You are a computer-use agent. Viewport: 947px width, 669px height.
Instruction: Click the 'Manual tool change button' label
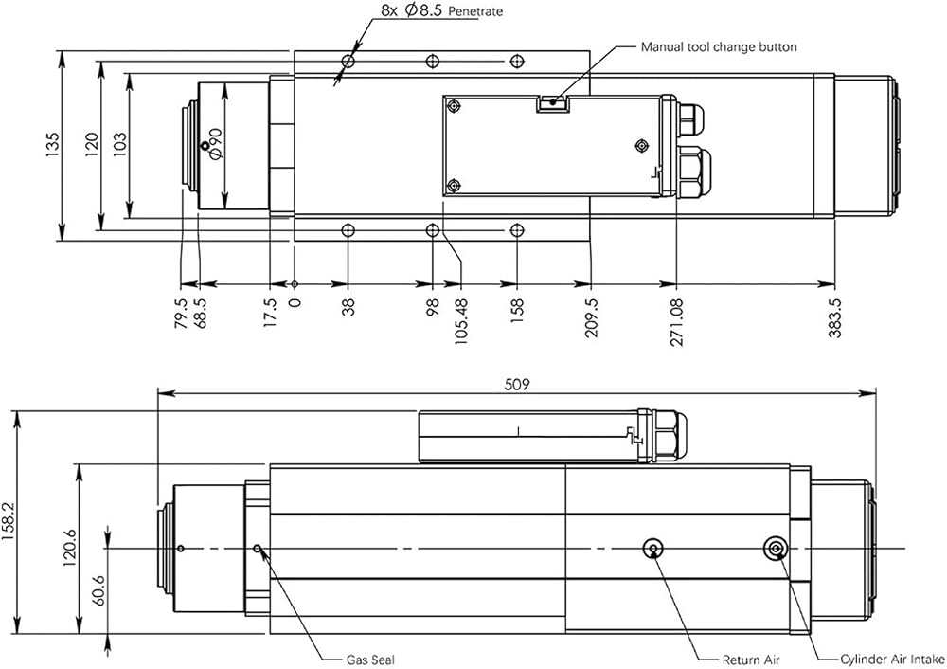[x=719, y=47]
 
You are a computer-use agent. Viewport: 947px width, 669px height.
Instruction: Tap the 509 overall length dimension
[x=517, y=385]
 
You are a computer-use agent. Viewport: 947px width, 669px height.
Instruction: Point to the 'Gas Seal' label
[x=370, y=660]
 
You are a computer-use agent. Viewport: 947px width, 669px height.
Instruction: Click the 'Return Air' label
[x=751, y=660]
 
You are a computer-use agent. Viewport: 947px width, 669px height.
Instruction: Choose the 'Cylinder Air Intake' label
[x=893, y=660]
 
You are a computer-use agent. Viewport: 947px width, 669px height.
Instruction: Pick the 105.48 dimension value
[x=461, y=322]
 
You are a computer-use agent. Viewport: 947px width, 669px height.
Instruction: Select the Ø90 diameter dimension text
[x=216, y=144]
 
